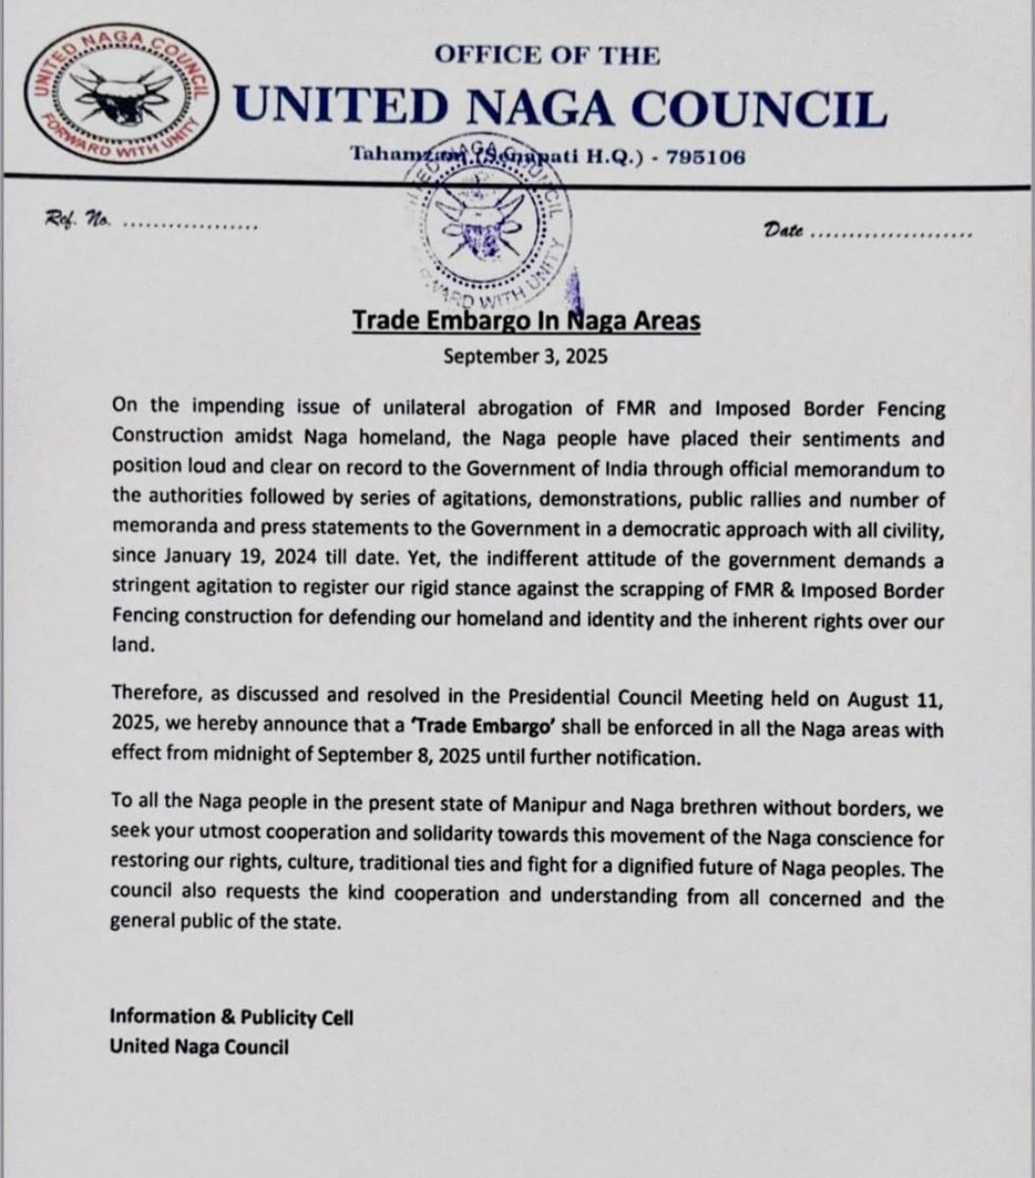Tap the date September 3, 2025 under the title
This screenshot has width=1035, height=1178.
pos(524,355)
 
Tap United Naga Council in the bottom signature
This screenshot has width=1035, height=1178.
pos(200,1046)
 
